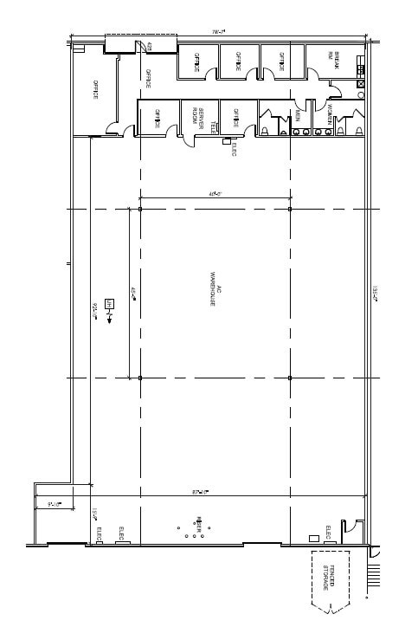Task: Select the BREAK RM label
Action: coord(334,60)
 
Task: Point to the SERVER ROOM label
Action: coord(198,120)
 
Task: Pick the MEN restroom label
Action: coord(298,114)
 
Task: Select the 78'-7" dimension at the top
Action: coord(219,32)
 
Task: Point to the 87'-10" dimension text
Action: coord(202,491)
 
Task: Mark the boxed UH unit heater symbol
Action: coord(109,304)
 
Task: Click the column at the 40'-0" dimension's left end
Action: coord(140,209)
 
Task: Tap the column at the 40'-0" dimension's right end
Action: coord(289,209)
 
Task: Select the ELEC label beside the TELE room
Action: coord(234,149)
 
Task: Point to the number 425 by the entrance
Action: coord(149,44)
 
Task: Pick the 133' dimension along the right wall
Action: coord(375,294)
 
